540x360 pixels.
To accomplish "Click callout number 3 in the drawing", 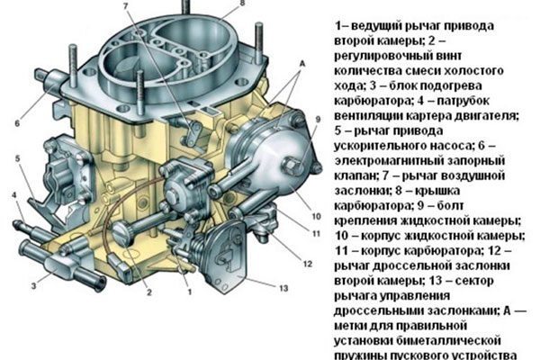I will click(x=34, y=285).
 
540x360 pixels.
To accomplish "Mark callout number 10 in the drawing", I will click(x=315, y=217).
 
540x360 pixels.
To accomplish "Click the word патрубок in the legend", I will click(x=482, y=99).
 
